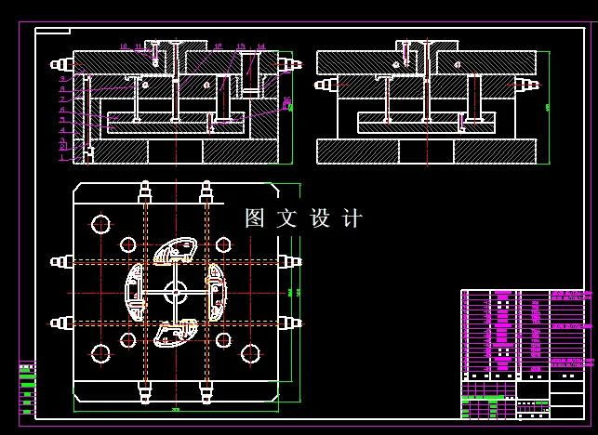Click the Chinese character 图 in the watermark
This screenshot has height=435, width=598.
[255, 218]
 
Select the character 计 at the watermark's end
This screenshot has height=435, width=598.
[352, 218]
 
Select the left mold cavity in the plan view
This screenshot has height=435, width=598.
[135, 292]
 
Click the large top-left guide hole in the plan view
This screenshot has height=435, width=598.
[100, 223]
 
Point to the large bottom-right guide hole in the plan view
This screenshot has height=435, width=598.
[250, 353]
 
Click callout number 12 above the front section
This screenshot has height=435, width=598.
[218, 46]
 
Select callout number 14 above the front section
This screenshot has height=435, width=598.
[261, 46]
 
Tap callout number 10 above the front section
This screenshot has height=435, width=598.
[123, 46]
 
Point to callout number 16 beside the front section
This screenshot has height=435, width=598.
[286, 100]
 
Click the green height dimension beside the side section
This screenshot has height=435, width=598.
[547, 107]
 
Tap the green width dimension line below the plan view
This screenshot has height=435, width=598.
[175, 410]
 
